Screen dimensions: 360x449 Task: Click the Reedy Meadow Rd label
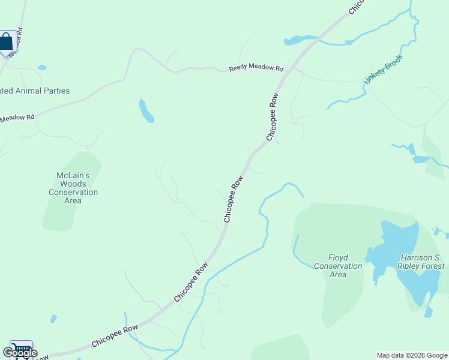(x=256, y=68)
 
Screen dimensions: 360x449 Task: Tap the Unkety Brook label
(x=382, y=70)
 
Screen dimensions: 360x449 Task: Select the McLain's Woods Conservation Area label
(x=73, y=188)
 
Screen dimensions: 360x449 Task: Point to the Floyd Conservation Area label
(x=338, y=266)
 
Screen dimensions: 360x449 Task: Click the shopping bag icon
(x=7, y=42)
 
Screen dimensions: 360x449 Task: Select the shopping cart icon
(x=21, y=349)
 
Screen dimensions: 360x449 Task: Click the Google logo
(x=20, y=353)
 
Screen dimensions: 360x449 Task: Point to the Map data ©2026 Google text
(x=412, y=355)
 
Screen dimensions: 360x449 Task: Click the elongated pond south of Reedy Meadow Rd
(x=146, y=111)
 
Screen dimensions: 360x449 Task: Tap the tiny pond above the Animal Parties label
(x=41, y=67)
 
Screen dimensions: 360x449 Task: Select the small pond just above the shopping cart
(x=53, y=319)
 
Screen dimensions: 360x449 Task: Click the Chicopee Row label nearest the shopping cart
(x=115, y=337)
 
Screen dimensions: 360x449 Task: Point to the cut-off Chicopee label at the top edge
(x=357, y=6)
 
